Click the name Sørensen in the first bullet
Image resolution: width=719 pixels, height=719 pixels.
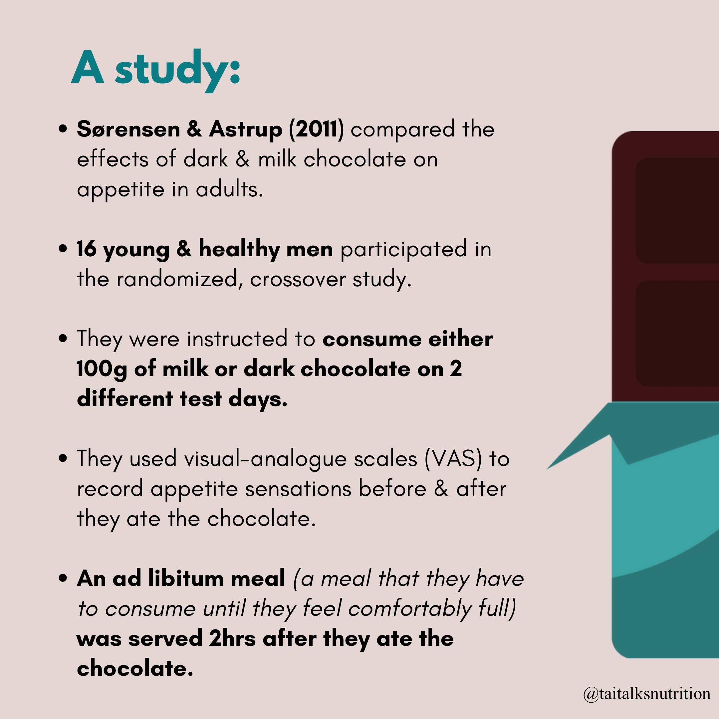(128, 129)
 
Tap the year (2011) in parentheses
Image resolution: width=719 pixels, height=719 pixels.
(317, 129)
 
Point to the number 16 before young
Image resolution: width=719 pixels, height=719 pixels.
(86, 249)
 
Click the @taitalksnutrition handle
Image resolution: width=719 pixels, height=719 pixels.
(647, 694)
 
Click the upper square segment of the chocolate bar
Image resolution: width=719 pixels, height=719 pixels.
(677, 211)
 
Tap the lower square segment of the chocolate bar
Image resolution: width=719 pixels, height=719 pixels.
(677, 334)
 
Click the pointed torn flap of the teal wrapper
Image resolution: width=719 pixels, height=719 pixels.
(588, 439)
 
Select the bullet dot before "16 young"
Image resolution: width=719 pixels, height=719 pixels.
(63, 248)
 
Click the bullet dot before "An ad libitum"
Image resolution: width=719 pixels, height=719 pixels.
(63, 578)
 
